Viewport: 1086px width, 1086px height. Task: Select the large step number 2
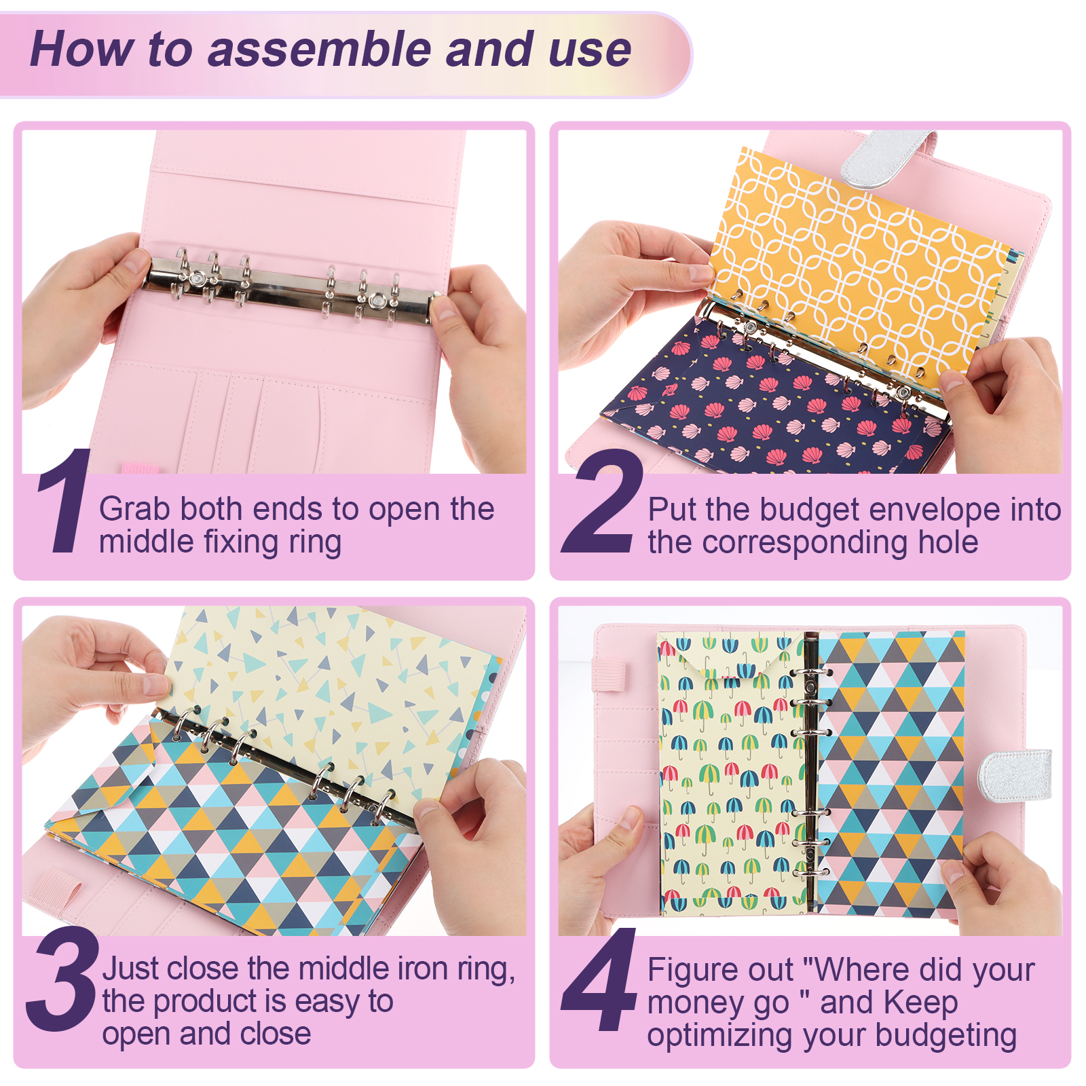[603, 500]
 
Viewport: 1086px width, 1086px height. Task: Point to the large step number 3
[62, 979]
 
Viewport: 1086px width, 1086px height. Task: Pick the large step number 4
[600, 979]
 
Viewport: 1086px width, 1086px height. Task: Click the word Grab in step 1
[133, 509]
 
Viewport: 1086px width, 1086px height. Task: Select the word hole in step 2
[948, 542]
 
